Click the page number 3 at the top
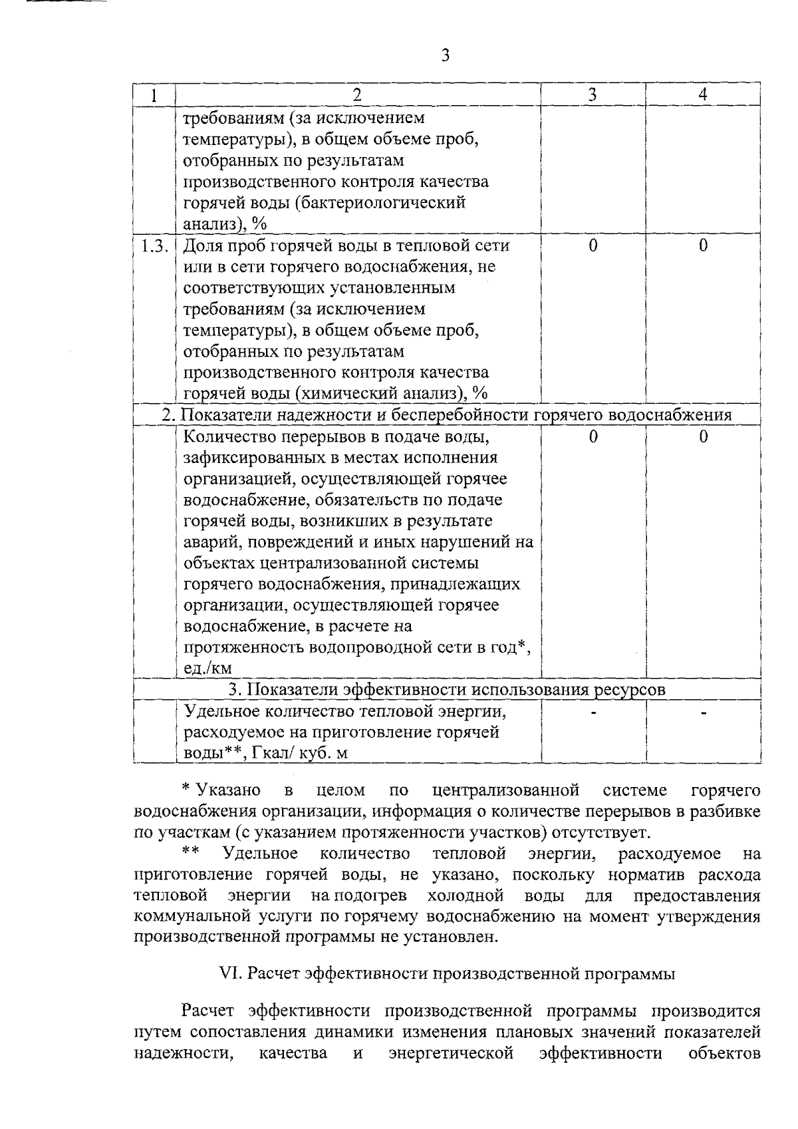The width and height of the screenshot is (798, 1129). coord(446,55)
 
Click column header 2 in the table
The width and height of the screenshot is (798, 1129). coord(357,95)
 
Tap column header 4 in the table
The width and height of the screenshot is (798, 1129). coord(703,95)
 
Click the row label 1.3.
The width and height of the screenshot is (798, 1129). coord(154,246)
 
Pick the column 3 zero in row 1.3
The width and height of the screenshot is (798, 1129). coord(593,246)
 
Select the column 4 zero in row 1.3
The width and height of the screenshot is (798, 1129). coord(703,246)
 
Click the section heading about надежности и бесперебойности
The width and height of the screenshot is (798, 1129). coord(447,415)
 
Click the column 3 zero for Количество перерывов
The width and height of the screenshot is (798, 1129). coord(593,436)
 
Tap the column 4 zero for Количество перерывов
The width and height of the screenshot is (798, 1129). coord(703,436)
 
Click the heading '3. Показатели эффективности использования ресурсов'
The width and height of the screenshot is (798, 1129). coord(447,690)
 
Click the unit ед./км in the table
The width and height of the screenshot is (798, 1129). coord(207,669)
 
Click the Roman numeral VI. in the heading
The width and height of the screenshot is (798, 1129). coord(231,974)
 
